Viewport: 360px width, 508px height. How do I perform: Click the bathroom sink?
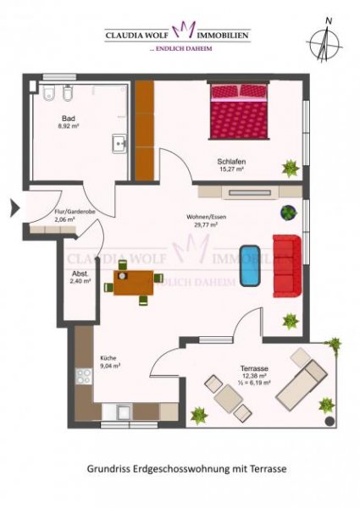(x=119, y=144)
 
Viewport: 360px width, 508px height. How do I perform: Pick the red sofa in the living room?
(x=286, y=264)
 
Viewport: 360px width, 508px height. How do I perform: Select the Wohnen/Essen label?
(x=206, y=218)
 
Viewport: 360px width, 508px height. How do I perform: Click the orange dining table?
(x=134, y=281)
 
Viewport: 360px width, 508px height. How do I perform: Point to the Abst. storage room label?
(x=80, y=273)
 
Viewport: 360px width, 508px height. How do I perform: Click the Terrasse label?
(x=254, y=368)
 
